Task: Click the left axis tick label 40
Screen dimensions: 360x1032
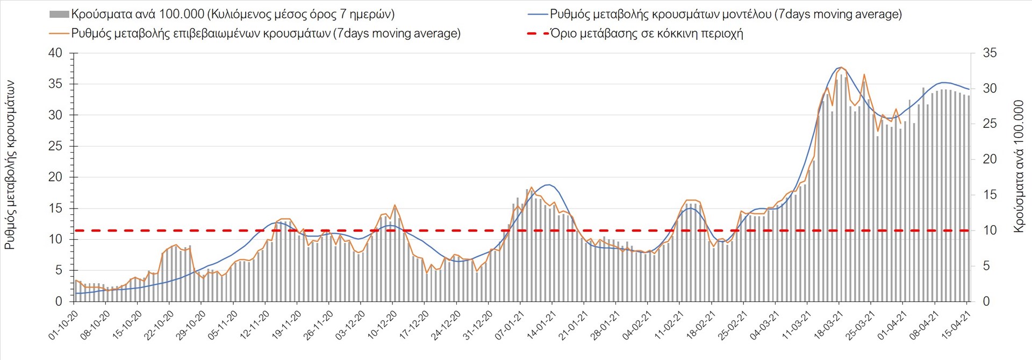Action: pyautogui.click(x=55, y=53)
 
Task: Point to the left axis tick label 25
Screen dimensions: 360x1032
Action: pyautogui.click(x=55, y=146)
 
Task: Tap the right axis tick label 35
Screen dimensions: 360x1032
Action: pyautogui.click(x=990, y=53)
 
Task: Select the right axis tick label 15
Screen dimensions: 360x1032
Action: pyautogui.click(x=990, y=195)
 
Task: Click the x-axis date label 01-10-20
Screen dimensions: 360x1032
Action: pyautogui.click(x=63, y=325)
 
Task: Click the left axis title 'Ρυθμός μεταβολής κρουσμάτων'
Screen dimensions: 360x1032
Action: pyautogui.click(x=10, y=165)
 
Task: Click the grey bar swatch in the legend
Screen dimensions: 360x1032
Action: pyautogui.click(x=59, y=15)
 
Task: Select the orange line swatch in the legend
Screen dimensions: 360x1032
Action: pyautogui.click(x=59, y=33)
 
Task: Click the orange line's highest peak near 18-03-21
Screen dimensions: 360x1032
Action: pyautogui.click(x=841, y=67)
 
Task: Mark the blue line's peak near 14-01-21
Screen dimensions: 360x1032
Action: pyautogui.click(x=548, y=185)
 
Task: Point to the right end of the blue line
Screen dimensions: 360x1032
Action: pyautogui.click(x=969, y=89)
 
